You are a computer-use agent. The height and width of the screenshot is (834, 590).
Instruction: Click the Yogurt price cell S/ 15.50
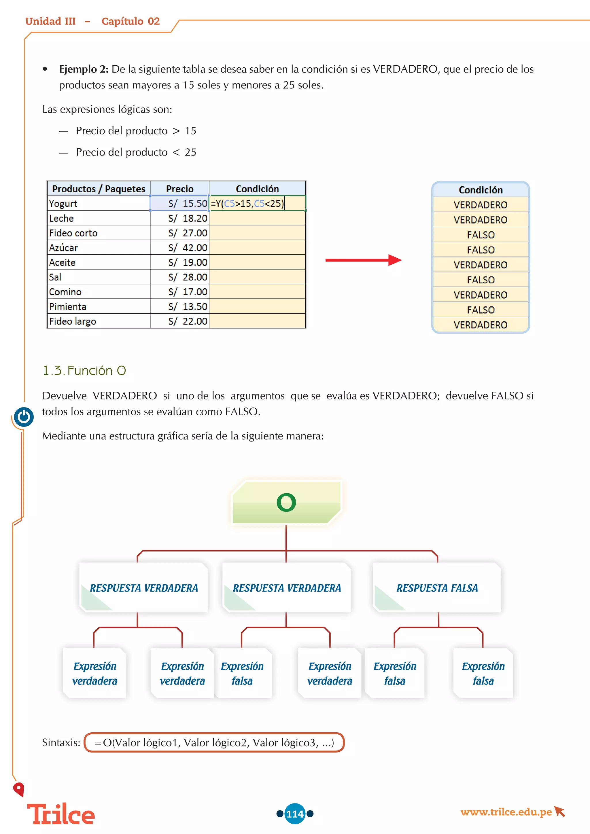179,203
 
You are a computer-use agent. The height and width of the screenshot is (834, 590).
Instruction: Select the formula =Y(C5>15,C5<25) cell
257,203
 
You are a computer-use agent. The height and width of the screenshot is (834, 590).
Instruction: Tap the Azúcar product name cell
99,248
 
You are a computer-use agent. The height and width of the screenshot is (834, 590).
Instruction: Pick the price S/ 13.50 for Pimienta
179,307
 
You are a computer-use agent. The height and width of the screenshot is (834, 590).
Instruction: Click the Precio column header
179,189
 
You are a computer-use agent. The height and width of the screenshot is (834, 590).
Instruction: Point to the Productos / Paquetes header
99,189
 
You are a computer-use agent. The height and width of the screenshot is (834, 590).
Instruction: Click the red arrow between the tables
363,260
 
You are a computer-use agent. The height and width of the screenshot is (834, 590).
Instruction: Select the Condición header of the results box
480,190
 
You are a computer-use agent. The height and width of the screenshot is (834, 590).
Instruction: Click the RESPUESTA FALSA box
437,588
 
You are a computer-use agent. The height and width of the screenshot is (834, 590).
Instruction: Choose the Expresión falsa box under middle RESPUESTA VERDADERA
242,673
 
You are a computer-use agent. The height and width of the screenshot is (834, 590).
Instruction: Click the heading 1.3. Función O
84,371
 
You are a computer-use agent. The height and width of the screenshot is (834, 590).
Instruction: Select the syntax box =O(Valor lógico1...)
214,742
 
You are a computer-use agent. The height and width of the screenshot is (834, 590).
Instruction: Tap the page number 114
295,814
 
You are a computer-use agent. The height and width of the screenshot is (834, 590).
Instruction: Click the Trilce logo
61,814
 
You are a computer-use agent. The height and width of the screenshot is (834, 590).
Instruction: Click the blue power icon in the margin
24,417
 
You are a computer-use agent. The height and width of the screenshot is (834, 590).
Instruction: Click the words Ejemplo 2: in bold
84,69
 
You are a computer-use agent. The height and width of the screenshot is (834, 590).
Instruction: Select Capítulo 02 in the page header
131,21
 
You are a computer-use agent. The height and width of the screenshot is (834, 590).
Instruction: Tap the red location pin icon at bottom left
18,789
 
